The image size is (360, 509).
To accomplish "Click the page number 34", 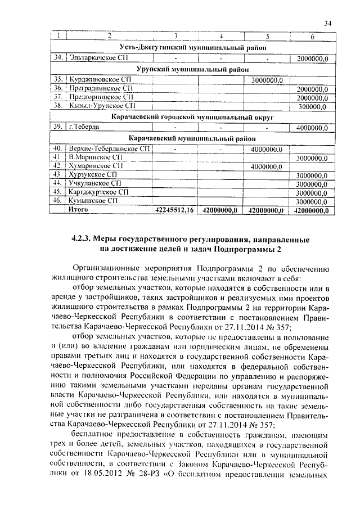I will tap(328, 23).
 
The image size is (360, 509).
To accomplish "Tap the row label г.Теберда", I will tap(84, 127).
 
